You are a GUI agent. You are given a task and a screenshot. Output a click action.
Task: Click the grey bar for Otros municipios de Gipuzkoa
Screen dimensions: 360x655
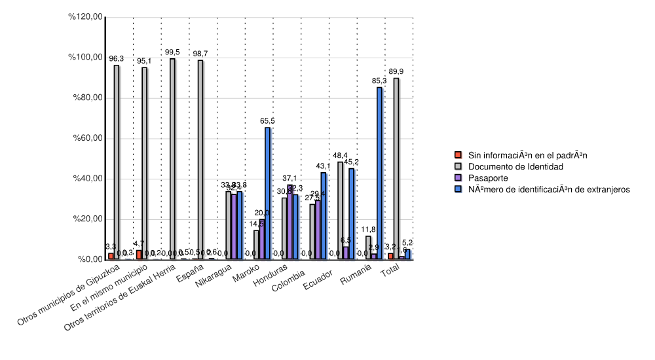pos(117,162)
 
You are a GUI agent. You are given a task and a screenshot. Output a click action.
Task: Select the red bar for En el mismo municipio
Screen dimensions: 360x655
pos(139,255)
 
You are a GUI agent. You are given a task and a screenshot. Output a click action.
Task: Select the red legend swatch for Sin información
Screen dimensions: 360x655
pos(459,155)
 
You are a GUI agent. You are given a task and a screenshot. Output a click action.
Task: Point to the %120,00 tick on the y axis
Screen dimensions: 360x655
pos(86,17)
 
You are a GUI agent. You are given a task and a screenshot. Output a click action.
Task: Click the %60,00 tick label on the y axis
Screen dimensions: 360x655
pos(86,138)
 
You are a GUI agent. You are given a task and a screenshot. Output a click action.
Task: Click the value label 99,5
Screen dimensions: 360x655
pos(172,52)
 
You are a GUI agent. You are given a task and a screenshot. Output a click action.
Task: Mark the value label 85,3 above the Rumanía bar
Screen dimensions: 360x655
pos(379,81)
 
